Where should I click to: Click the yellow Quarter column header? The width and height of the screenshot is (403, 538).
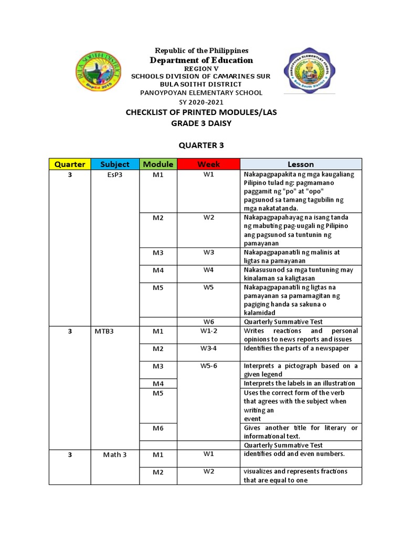point(70,164)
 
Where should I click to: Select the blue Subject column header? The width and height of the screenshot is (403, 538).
point(115,164)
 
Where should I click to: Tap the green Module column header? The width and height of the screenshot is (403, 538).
point(158,164)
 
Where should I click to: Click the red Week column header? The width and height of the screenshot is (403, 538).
point(208,164)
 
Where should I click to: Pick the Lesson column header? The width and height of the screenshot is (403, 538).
point(301,164)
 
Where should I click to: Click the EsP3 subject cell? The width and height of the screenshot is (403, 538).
point(115,175)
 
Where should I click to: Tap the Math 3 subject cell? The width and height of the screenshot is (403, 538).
point(115,454)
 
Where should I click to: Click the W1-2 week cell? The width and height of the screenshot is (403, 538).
point(208,331)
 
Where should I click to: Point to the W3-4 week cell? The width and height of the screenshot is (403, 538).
point(208,348)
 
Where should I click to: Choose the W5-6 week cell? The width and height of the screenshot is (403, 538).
point(208,366)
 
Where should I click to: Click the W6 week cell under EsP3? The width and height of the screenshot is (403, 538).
point(208,322)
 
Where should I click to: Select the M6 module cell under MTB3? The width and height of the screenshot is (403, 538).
point(158,428)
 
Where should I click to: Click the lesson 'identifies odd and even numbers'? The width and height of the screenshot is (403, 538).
point(293,454)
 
